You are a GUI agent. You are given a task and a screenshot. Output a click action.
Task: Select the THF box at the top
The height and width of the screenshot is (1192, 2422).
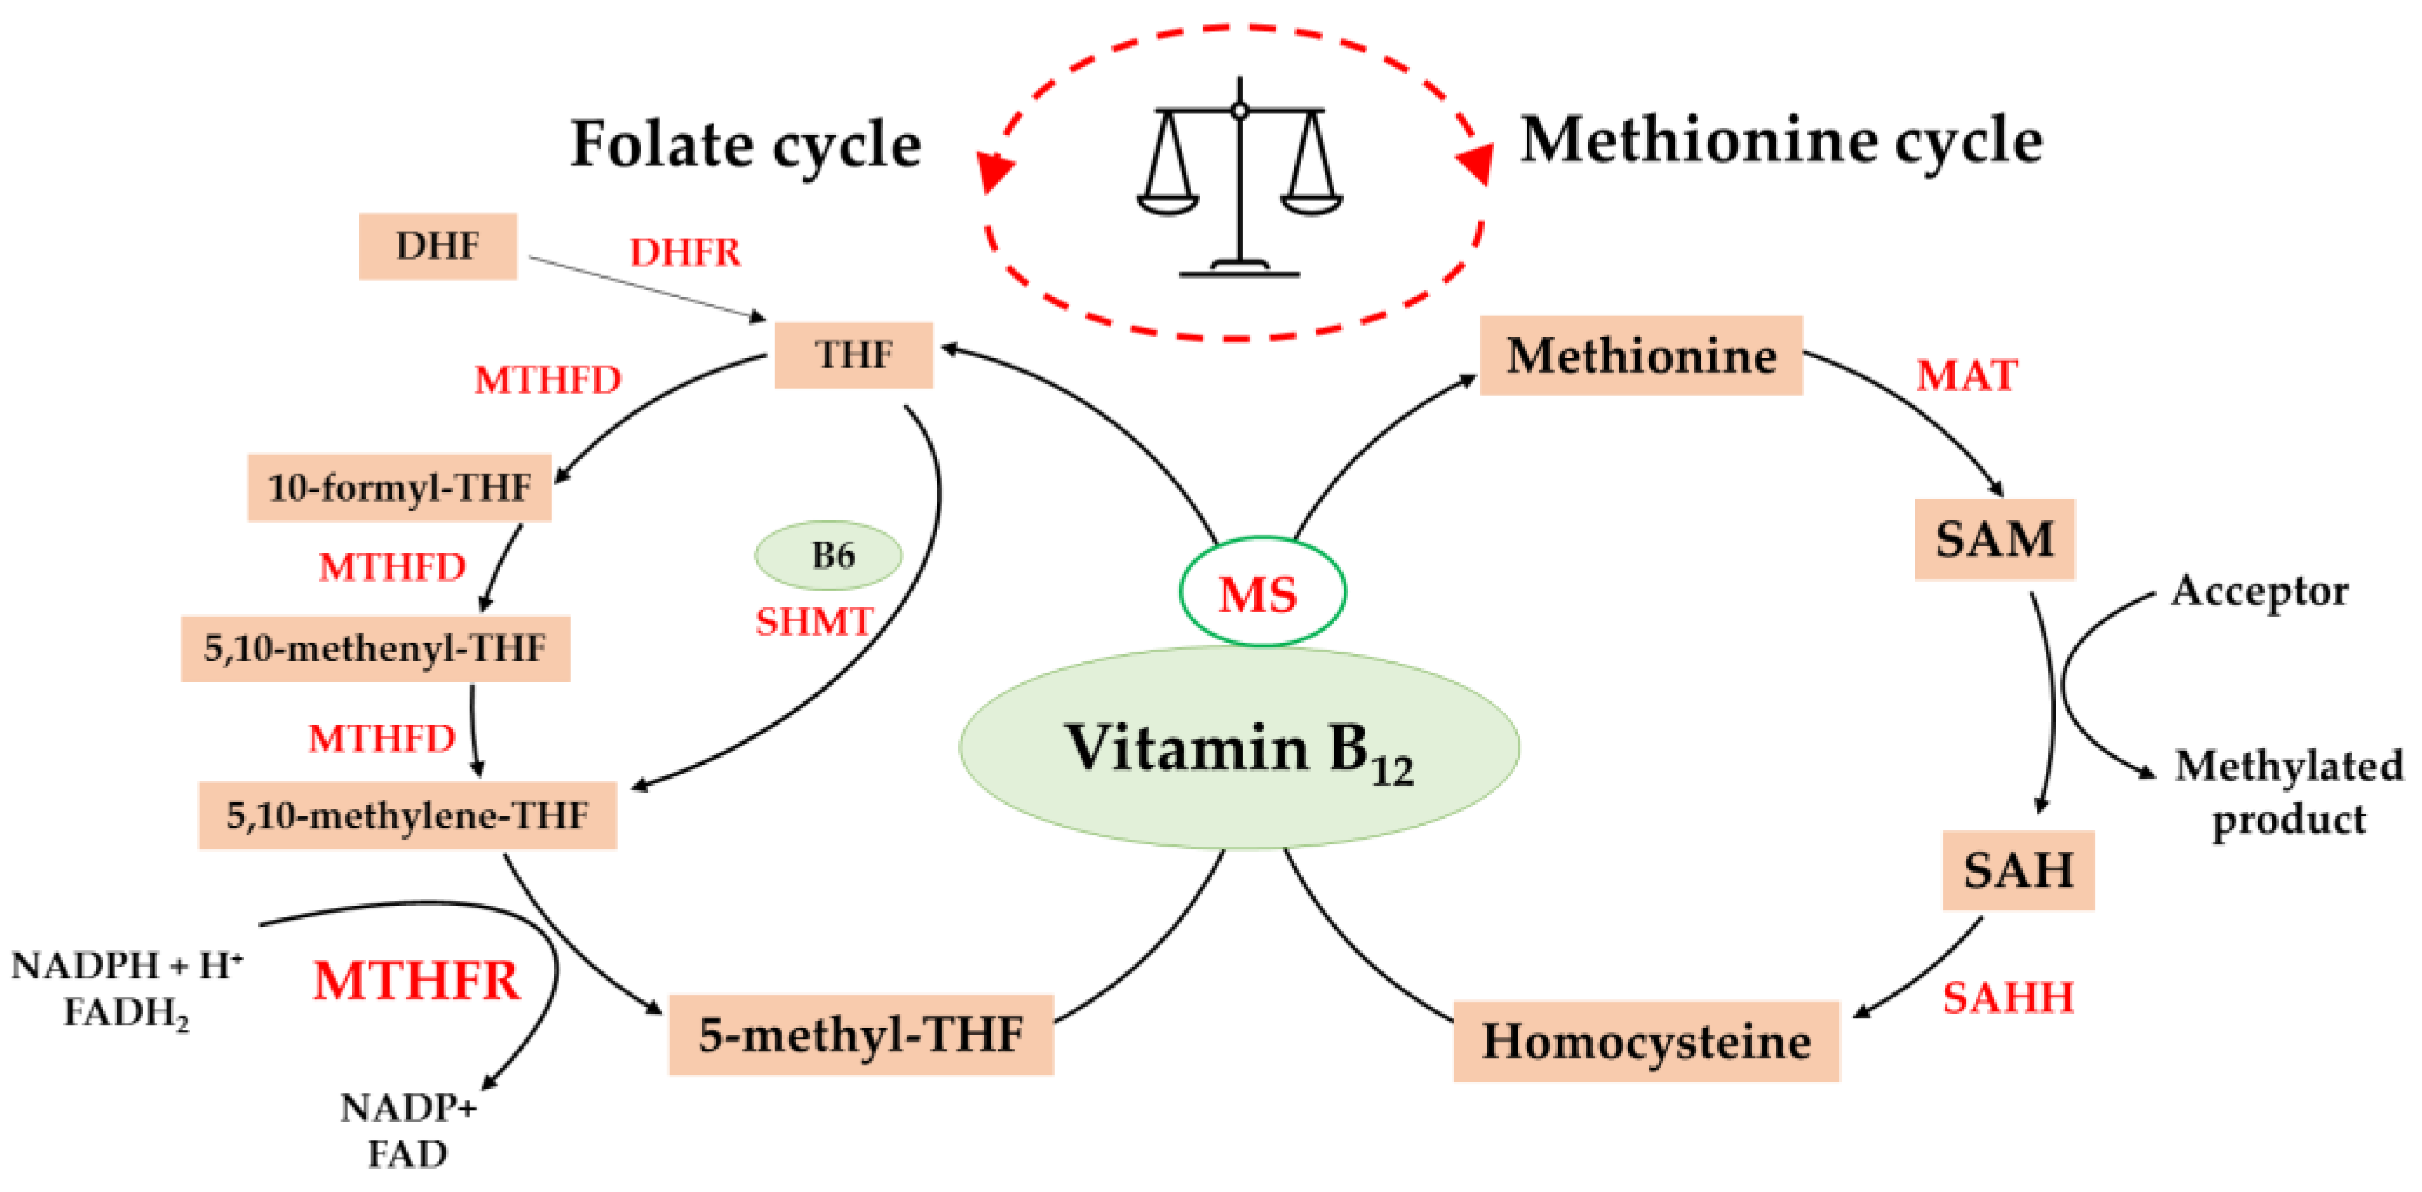pyautogui.click(x=853, y=355)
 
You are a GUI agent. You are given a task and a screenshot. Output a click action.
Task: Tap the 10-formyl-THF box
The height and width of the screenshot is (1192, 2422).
pyautogui.click(x=399, y=488)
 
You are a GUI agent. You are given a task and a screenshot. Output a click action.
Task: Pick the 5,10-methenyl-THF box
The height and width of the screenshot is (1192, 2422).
pyautogui.click(x=375, y=649)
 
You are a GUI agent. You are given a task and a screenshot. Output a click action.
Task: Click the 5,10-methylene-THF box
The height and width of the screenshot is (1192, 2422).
pyautogui.click(x=407, y=815)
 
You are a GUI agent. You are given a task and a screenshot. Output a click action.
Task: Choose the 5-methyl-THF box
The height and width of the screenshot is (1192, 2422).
pyautogui.click(x=861, y=1034)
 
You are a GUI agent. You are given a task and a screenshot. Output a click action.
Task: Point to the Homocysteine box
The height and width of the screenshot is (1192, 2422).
pyautogui.click(x=1645, y=1042)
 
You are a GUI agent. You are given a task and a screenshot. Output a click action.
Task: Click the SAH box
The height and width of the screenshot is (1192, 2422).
pyautogui.click(x=2018, y=870)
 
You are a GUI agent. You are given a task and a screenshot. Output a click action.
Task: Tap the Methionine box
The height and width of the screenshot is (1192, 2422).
pyautogui.click(x=1641, y=355)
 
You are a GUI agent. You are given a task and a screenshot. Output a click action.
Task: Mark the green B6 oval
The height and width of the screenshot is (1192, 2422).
pyautogui.click(x=828, y=556)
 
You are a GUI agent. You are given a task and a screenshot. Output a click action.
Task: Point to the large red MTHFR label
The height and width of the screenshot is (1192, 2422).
pyautogui.click(x=416, y=981)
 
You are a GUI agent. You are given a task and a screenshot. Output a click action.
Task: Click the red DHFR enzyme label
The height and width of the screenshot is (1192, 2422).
pyautogui.click(x=684, y=252)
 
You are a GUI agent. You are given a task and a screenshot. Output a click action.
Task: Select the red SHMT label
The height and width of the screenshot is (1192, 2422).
pyautogui.click(x=814, y=621)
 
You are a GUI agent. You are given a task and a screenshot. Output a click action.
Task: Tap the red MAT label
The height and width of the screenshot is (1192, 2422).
pyautogui.click(x=1966, y=376)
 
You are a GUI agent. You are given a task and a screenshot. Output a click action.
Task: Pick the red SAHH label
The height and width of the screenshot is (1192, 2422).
pyautogui.click(x=2007, y=997)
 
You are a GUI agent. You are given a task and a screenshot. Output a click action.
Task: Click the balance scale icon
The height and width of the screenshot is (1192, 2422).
pyautogui.click(x=1240, y=178)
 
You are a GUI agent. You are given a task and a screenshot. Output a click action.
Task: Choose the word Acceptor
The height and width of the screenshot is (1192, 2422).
pyautogui.click(x=2259, y=591)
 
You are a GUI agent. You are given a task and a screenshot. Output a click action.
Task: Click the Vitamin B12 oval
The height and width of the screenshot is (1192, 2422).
pyautogui.click(x=1238, y=748)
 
